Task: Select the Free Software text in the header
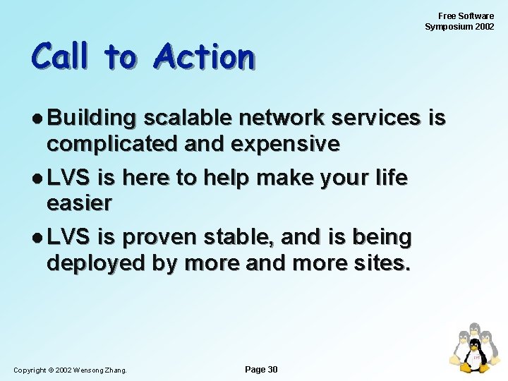click(x=466, y=16)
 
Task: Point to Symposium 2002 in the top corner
click(x=459, y=27)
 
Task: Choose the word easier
click(x=79, y=203)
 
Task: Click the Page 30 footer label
click(x=260, y=370)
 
